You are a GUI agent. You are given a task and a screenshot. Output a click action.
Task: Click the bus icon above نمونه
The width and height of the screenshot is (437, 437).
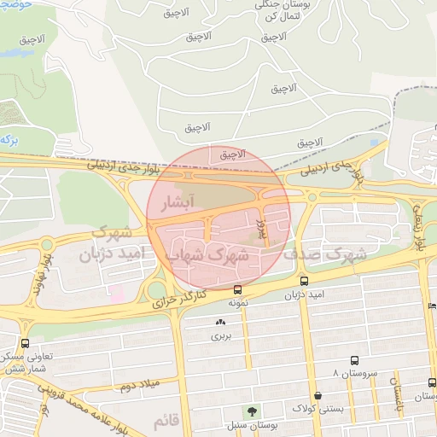tap(237, 289)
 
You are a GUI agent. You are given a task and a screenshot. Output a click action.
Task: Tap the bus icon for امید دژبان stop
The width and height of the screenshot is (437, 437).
tap(305, 280)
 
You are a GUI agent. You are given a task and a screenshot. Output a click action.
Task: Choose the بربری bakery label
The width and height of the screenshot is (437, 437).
tap(221, 335)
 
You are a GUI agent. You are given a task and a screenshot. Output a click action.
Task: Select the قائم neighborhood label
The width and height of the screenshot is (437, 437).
tap(165, 421)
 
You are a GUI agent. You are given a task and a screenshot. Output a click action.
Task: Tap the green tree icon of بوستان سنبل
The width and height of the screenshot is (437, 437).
tap(250, 411)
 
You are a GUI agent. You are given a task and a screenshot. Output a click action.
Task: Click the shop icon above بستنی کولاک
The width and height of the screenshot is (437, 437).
tap(318, 395)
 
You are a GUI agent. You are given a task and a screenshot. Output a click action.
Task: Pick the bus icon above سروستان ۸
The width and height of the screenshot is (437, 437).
tap(355, 361)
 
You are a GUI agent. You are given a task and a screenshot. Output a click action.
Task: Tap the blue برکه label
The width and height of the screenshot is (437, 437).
tap(9, 138)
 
